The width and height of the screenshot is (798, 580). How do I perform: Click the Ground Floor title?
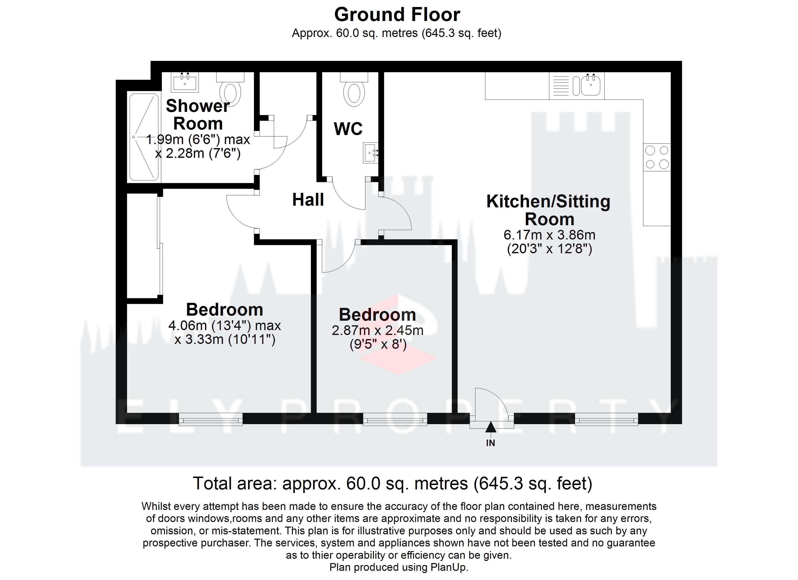pos(397,15)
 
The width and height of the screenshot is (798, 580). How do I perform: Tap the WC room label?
pos(348,129)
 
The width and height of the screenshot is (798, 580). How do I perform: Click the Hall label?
pos(308,200)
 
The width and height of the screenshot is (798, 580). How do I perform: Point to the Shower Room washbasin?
pos(185,82)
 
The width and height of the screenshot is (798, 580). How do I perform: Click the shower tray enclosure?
pos(144,137)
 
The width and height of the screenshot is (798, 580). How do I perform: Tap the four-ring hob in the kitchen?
pos(657,157)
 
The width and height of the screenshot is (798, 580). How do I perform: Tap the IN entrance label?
pos(490,443)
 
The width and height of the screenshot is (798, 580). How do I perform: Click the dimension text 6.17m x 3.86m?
pos(549,235)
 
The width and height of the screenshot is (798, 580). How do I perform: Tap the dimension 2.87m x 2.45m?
pos(377,330)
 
